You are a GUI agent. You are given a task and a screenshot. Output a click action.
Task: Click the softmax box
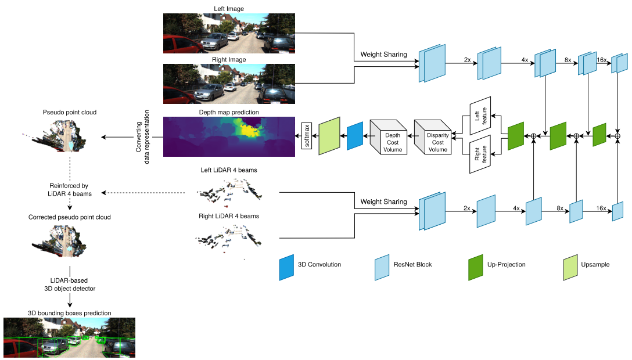pyautogui.click(x=307, y=136)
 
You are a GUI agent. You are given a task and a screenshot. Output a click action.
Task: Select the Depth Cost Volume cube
pyautogui.click(x=388, y=137)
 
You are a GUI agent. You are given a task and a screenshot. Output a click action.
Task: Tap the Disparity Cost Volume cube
pyautogui.click(x=433, y=137)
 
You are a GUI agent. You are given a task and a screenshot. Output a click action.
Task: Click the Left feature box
pyautogui.click(x=480, y=116)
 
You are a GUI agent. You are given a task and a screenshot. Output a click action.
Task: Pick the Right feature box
pyautogui.click(x=480, y=154)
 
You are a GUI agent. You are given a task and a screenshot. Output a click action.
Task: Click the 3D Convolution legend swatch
pyautogui.click(x=286, y=267)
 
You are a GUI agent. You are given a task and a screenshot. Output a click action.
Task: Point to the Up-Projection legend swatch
pyautogui.click(x=476, y=267)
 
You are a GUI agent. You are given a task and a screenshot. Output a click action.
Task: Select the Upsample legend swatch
pyautogui.click(x=570, y=267)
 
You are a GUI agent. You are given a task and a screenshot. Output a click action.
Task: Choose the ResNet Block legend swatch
pyautogui.click(x=382, y=267)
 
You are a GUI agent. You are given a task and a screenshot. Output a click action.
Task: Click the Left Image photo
pyautogui.click(x=229, y=34)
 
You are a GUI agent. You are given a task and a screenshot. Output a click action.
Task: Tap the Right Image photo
pyautogui.click(x=229, y=84)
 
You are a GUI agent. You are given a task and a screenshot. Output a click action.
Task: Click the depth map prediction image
pyautogui.click(x=229, y=136)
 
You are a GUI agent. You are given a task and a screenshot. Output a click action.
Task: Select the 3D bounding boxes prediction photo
pyautogui.click(x=69, y=337)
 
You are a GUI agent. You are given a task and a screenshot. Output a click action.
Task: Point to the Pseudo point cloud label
pyautogui.click(x=70, y=112)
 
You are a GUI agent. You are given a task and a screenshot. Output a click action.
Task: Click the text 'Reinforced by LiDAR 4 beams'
pyautogui.click(x=69, y=190)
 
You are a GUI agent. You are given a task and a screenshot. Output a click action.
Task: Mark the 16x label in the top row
pyautogui.click(x=601, y=60)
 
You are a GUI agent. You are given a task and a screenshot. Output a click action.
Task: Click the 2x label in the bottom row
pyautogui.click(x=467, y=208)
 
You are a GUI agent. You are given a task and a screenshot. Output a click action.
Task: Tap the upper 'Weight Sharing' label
pyautogui.click(x=384, y=55)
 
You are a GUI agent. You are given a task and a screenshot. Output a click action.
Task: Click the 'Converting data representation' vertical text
pyautogui.click(x=142, y=137)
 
